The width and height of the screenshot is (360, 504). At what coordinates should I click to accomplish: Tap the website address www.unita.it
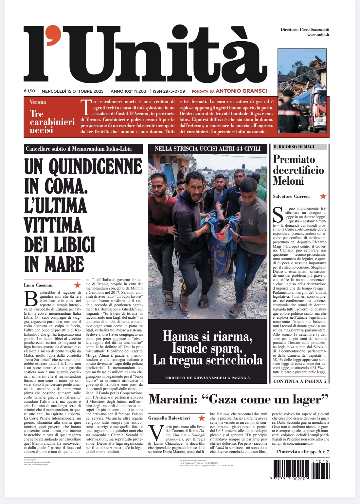[318, 35]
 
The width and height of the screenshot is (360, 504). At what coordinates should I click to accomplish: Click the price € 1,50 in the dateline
[29, 91]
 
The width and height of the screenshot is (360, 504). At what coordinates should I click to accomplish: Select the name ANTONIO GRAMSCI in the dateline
[241, 91]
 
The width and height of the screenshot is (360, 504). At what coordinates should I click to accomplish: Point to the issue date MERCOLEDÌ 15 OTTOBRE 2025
[72, 91]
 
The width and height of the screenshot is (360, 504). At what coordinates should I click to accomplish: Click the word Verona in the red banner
[38, 102]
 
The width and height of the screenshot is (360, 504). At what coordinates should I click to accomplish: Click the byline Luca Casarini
[38, 285]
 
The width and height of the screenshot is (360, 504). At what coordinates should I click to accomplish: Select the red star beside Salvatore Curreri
[323, 196]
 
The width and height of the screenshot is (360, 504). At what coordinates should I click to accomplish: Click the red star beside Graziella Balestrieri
[202, 418]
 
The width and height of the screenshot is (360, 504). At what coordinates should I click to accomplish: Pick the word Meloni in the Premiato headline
[288, 181]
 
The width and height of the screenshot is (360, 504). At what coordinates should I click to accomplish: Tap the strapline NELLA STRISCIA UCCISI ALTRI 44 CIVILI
[207, 149]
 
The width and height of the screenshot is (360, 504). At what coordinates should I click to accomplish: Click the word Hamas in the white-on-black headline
[180, 336]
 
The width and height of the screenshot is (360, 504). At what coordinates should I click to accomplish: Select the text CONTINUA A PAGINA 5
[299, 381]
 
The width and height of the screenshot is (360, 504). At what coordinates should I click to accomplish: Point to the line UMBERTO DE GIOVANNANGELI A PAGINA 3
[207, 378]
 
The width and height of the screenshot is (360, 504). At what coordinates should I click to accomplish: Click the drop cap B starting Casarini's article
[31, 298]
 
